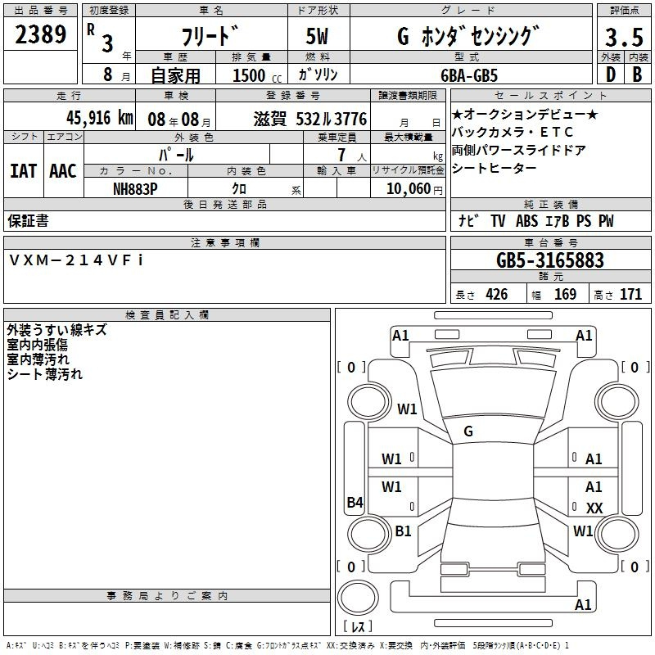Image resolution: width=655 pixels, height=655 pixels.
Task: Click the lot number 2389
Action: tap(40, 34)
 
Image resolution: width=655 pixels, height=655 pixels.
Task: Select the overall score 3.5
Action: tap(624, 37)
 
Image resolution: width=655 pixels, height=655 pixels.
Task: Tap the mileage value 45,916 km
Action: tap(99, 118)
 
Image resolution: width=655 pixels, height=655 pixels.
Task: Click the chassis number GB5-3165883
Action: tap(550, 260)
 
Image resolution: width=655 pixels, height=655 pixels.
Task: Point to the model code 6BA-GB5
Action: tap(469, 75)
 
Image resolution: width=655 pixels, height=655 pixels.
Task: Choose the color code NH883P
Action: tap(135, 189)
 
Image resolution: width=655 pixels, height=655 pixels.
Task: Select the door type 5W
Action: tap(317, 36)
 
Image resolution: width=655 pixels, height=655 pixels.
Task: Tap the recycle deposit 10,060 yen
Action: tap(414, 189)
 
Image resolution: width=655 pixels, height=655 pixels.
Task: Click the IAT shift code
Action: tap(24, 171)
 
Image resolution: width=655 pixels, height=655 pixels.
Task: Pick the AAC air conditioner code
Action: tap(63, 171)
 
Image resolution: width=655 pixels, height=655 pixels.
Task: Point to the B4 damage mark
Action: tap(355, 502)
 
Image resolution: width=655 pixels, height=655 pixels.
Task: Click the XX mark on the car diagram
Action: tap(594, 508)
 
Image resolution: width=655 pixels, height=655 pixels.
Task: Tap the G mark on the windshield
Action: tap(468, 431)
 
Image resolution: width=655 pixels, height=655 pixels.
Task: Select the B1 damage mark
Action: tap(403, 531)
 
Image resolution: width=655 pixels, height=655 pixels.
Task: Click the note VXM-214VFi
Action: tap(76, 260)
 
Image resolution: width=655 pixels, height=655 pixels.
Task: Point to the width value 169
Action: tap(565, 294)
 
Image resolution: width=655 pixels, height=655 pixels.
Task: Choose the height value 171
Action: tap(630, 294)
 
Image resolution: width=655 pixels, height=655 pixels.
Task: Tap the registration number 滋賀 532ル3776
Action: tap(310, 119)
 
